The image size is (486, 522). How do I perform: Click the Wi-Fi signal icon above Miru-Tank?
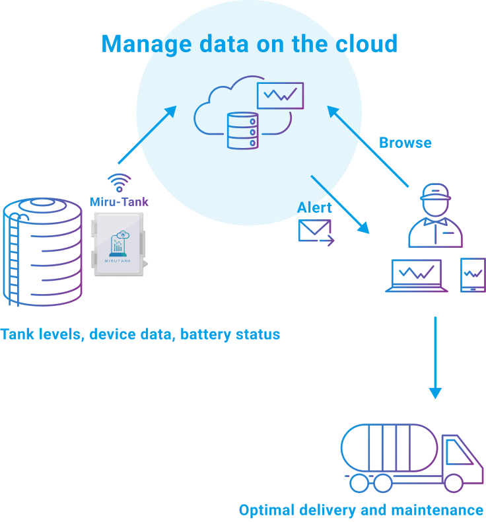120,182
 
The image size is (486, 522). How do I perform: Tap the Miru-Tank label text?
120,202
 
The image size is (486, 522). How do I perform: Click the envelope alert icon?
314,231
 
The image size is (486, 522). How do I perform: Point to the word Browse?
405,143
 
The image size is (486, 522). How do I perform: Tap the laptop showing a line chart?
417,275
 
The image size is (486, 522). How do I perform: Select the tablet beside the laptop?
473,274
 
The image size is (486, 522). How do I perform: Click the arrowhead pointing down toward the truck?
434,392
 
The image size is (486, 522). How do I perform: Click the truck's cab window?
458,455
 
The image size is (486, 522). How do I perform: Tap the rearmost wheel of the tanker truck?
358,483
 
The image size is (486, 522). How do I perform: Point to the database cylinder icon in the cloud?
241,130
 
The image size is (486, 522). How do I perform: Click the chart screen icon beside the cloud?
281,96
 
